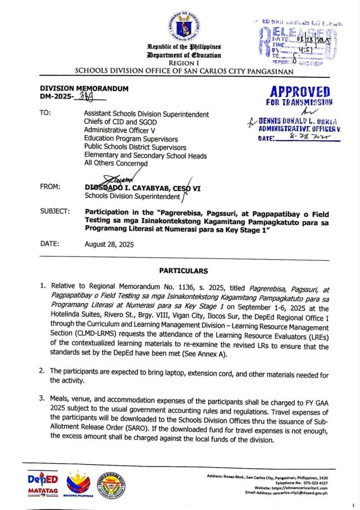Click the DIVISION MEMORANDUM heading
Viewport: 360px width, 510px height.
click(x=84, y=89)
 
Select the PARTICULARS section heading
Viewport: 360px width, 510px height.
click(x=184, y=270)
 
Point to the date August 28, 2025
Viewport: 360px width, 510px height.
click(x=109, y=244)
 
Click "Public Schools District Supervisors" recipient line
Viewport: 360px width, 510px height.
click(x=135, y=147)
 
